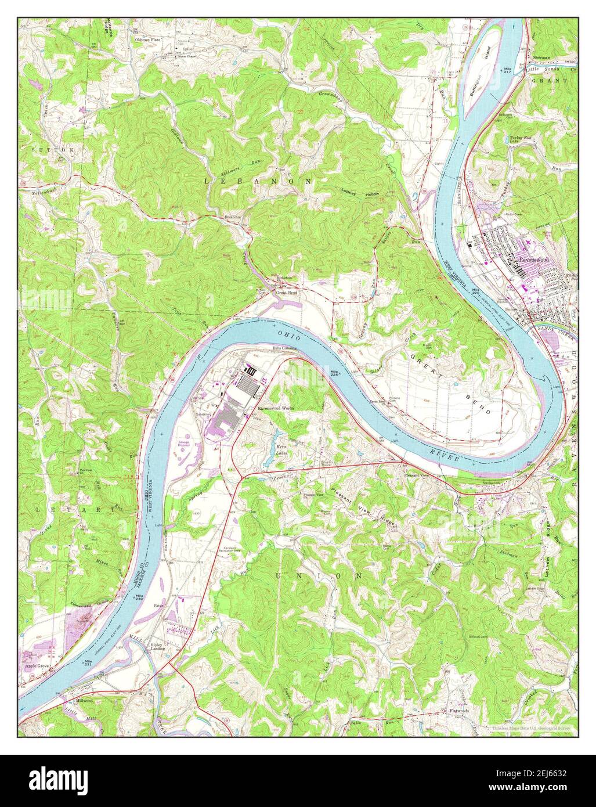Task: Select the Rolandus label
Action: pyautogui.click(x=233, y=217)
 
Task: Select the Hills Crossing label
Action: pyautogui.click(x=287, y=348)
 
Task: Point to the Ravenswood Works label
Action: pyautogui.click(x=276, y=409)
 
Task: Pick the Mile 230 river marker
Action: pyautogui.click(x=139, y=598)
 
